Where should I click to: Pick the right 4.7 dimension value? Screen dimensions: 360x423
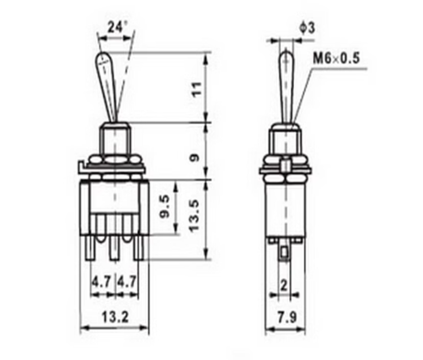click(x=127, y=282)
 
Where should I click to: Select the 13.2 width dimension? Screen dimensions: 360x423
click(x=115, y=316)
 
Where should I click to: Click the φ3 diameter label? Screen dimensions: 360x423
click(x=307, y=26)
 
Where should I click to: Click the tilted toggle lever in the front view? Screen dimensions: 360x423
click(x=109, y=86)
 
